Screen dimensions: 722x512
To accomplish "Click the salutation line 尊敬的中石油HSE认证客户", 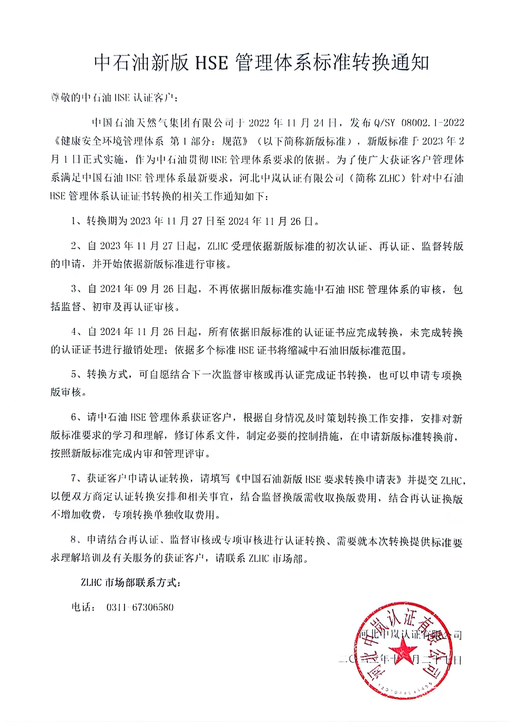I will [115, 98].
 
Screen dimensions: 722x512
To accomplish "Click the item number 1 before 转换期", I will [74, 221].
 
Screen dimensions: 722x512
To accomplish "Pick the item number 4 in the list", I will [74, 332].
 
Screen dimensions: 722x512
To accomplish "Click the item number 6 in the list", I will [74, 418].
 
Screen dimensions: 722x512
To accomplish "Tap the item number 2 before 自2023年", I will [74, 246].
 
